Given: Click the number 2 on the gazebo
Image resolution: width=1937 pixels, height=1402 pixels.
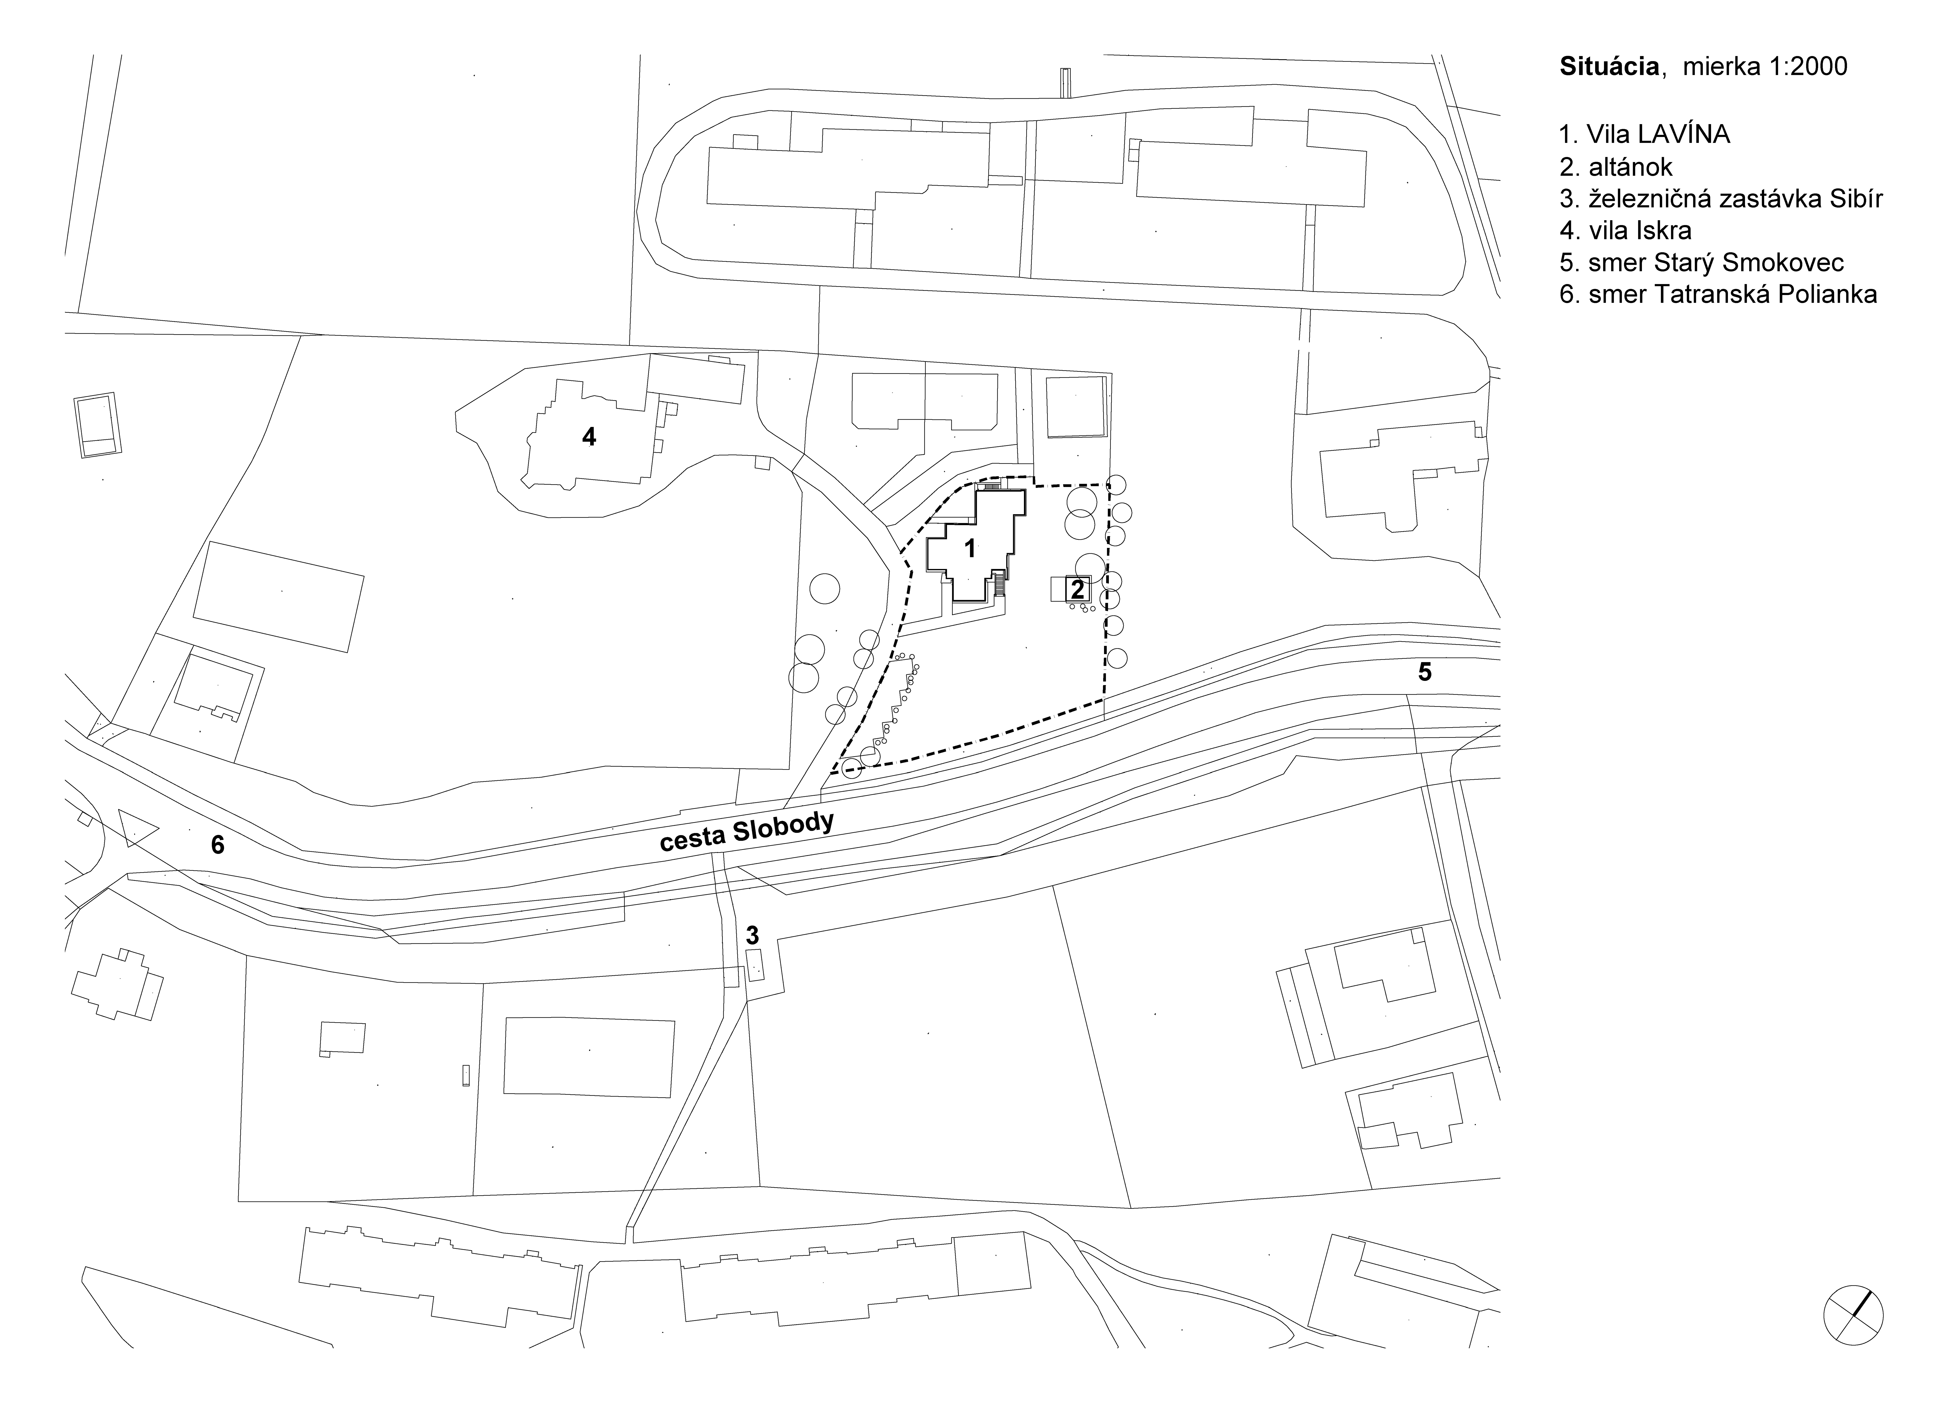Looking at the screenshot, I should click(x=1077, y=589).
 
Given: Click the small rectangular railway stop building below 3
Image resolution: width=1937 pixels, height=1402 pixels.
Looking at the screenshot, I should click(x=755, y=965).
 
